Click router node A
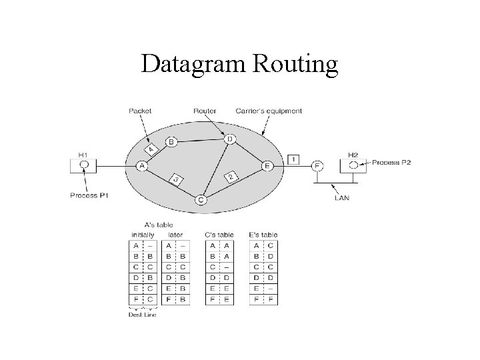(141, 165)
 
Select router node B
(171, 142)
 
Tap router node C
(201, 199)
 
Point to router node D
(229, 139)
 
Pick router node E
(267, 165)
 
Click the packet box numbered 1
(294, 159)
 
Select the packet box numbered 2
(230, 177)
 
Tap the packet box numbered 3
(175, 179)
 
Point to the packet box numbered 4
(151, 149)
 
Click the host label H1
(83, 155)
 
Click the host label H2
(353, 155)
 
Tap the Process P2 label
(391, 162)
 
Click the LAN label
(342, 197)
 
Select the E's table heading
(263, 235)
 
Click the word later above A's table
(176, 235)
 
